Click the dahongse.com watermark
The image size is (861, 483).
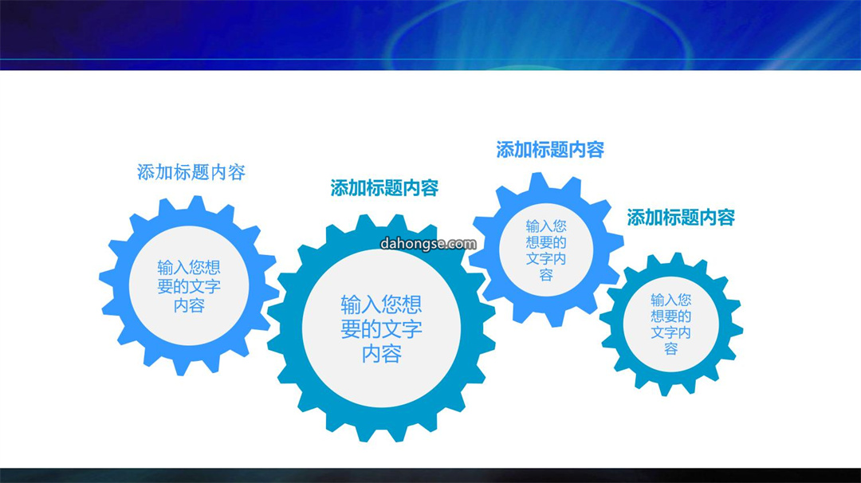428,244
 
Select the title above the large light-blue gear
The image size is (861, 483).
191,172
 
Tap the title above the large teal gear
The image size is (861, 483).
384,188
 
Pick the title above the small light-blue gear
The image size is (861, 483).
550,150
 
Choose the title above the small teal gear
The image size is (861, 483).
681,218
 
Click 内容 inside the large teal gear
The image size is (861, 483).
382,354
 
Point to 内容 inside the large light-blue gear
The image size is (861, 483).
189,305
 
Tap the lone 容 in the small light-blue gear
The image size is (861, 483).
546,275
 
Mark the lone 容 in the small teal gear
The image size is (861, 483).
671,348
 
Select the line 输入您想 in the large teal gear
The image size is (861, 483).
382,304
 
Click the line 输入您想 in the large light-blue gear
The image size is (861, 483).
189,267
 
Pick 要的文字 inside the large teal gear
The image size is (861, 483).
382,329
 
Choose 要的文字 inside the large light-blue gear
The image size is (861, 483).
189,286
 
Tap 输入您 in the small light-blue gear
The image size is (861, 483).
546,226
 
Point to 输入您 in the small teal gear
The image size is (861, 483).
671,300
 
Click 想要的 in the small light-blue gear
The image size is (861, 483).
546,242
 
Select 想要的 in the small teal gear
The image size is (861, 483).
671,316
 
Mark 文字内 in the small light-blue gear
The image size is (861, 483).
546,258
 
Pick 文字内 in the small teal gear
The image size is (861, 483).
671,332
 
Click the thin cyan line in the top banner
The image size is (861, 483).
431,59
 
